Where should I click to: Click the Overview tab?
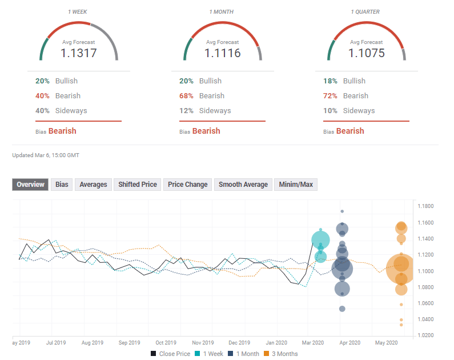coord(30,185)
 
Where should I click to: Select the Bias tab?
coord(62,185)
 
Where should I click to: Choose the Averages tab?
coord(93,185)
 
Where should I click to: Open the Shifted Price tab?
coord(138,185)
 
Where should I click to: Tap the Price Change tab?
coord(188,185)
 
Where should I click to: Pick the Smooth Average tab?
coord(243,185)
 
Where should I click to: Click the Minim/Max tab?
coord(296,185)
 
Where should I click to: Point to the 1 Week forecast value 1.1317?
coord(79,53)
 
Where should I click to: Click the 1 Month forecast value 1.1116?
coord(223,53)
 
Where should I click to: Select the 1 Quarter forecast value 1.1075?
coord(367,53)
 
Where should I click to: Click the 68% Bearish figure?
coord(186,96)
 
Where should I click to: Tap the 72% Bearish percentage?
coord(330,96)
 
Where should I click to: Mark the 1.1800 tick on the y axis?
coord(425,206)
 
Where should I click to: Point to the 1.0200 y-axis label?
coord(425,335)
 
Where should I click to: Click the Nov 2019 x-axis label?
coord(203,343)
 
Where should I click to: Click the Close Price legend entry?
coord(170,354)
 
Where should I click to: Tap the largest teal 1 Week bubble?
coord(321,240)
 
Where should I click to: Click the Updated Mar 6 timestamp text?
coord(46,155)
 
